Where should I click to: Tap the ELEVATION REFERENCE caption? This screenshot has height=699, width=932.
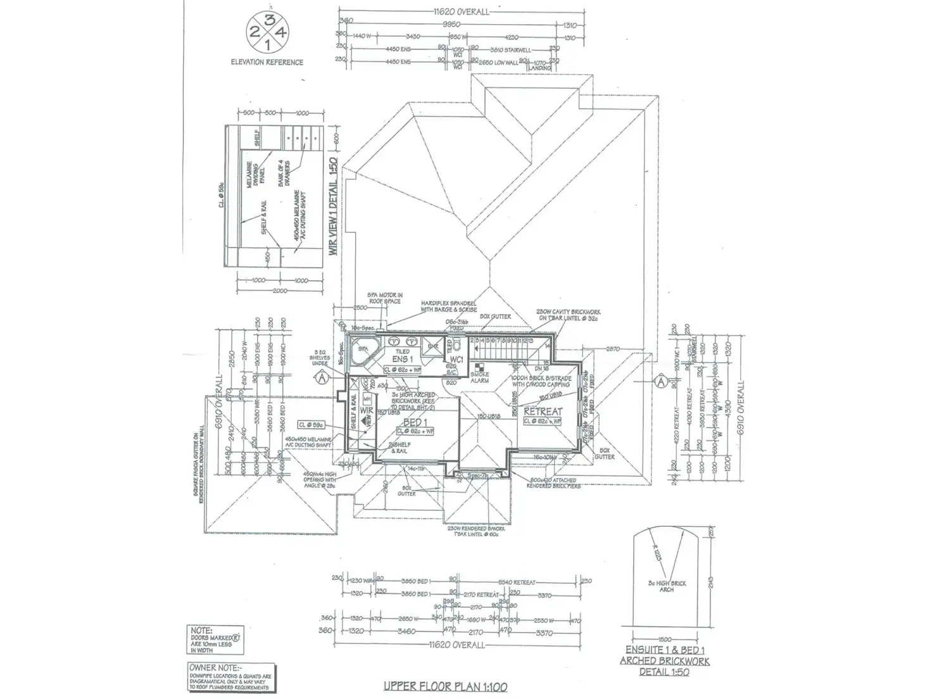tap(267, 62)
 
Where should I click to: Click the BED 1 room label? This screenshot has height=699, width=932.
tap(415, 422)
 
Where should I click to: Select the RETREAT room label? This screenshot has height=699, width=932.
tap(543, 412)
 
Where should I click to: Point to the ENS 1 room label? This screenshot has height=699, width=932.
tap(402, 360)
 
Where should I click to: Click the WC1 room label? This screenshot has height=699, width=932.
tap(457, 359)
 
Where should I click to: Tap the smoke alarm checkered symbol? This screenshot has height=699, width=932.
tap(479, 367)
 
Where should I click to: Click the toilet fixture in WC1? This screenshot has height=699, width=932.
tap(458, 346)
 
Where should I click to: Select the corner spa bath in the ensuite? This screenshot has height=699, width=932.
tap(362, 350)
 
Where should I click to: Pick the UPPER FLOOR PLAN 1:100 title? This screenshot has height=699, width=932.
tap(446, 686)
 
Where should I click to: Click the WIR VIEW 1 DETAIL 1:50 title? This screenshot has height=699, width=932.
tap(333, 206)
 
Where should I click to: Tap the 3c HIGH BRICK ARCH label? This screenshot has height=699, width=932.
tap(667, 586)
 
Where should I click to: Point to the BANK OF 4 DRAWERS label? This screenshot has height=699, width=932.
tap(282, 173)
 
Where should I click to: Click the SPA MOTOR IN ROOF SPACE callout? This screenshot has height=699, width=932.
tap(385, 298)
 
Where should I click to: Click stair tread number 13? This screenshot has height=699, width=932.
tap(530, 341)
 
